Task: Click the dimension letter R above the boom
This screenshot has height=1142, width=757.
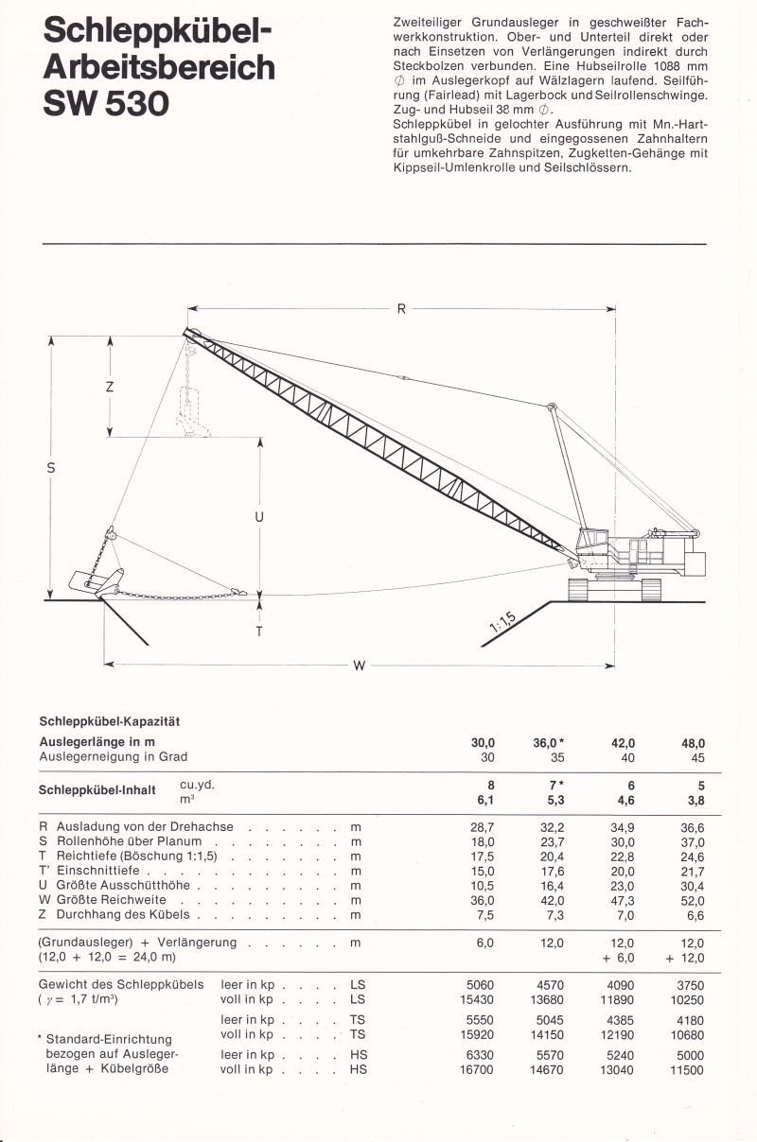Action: click(x=401, y=308)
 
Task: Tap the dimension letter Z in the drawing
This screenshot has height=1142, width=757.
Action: click(x=110, y=387)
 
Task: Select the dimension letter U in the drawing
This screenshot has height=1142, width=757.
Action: click(x=259, y=516)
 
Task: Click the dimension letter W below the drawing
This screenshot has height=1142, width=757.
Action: click(x=359, y=666)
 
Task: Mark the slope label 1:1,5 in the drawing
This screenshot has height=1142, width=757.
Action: click(x=502, y=621)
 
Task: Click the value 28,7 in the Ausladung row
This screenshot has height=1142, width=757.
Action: click(x=483, y=826)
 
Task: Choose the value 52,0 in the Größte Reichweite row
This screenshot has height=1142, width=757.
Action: click(x=693, y=900)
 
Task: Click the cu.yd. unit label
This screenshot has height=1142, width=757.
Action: click(x=197, y=784)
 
